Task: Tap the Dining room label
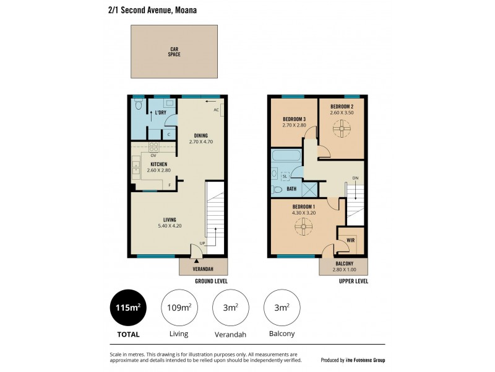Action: click(x=200, y=135)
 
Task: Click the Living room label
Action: click(x=170, y=219)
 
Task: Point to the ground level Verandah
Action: click(x=204, y=268)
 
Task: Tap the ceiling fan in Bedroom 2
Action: click(x=341, y=129)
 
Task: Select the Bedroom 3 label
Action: click(x=294, y=119)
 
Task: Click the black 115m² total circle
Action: click(x=129, y=308)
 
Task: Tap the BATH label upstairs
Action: click(x=291, y=188)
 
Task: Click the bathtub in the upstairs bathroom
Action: click(x=286, y=156)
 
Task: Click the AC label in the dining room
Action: click(x=217, y=110)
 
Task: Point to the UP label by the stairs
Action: click(x=202, y=242)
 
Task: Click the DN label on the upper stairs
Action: click(x=355, y=179)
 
